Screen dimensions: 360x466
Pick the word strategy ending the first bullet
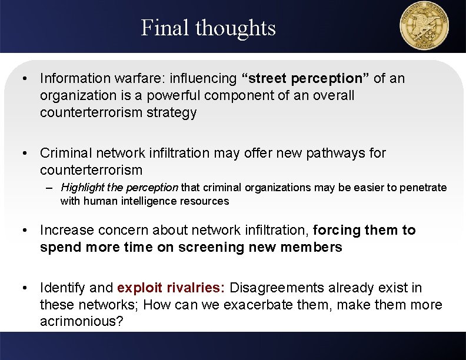pyautogui.click(x=171, y=113)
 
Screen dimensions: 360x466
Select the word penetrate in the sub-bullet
pyautogui.click(x=424, y=188)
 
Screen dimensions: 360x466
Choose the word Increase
pyautogui.click(x=65, y=230)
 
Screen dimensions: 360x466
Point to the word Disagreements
pyautogui.click(x=278, y=288)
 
